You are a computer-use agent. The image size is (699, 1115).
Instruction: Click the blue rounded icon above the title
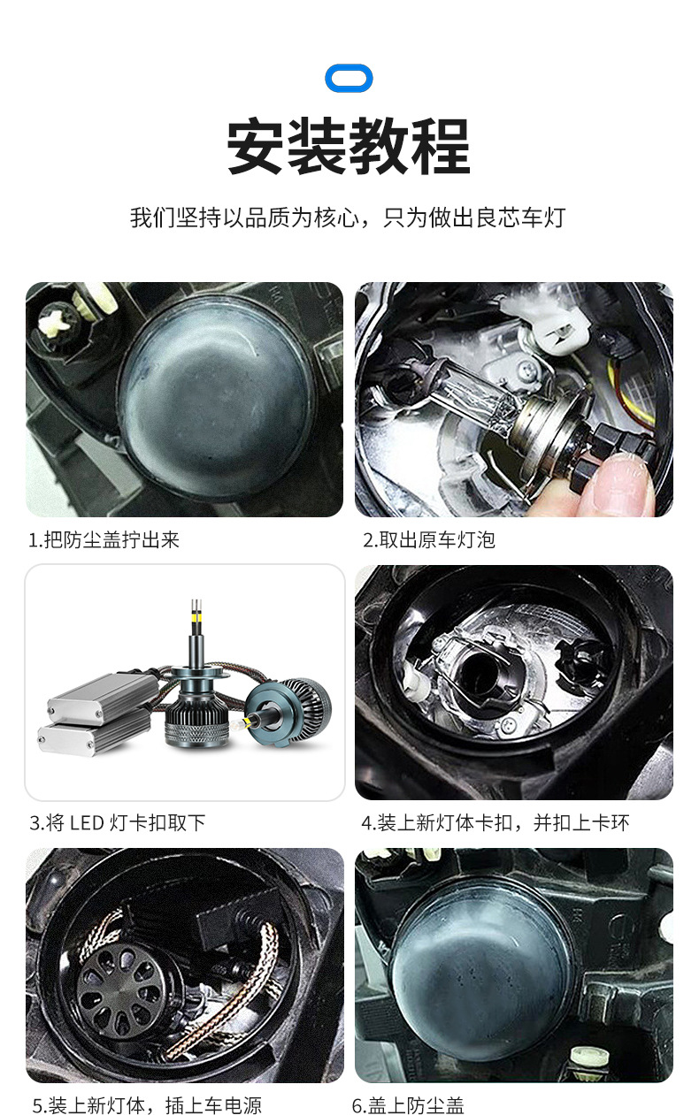click(x=349, y=78)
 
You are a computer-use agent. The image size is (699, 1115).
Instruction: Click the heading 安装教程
click(x=349, y=147)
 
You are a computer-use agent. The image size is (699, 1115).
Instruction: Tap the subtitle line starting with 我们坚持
click(x=349, y=218)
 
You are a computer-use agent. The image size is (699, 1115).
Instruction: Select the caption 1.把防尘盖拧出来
click(x=104, y=539)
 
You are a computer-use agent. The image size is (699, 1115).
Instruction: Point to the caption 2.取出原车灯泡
click(x=429, y=539)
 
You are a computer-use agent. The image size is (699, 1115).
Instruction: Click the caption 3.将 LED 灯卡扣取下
click(x=117, y=822)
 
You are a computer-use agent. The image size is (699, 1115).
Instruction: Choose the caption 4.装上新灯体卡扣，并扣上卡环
click(x=495, y=822)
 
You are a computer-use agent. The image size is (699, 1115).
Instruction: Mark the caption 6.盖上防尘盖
click(x=408, y=1105)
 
